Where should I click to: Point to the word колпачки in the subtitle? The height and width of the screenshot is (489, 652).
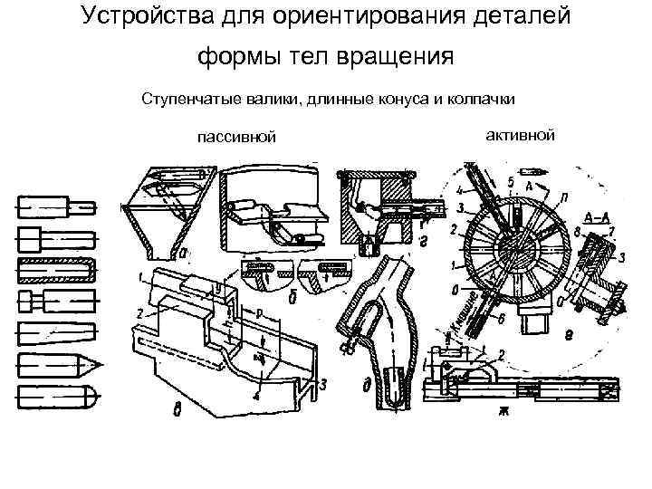tap(484, 98)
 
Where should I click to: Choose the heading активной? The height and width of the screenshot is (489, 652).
tap(519, 135)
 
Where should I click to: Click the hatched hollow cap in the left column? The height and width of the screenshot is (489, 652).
tap(55, 270)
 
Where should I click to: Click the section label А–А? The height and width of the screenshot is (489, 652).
tap(597, 218)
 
